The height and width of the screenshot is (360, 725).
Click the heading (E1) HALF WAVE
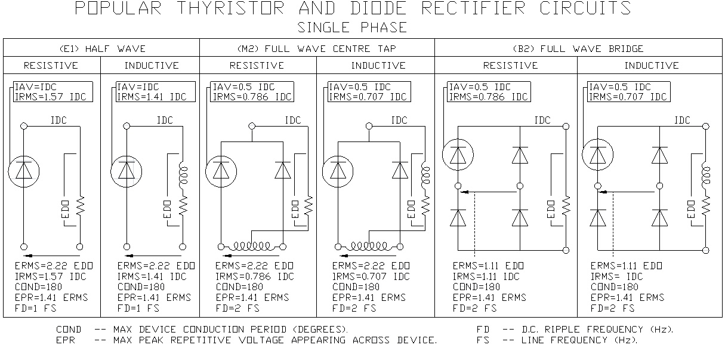coord(101,48)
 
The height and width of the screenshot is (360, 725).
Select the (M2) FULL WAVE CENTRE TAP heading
coord(317,48)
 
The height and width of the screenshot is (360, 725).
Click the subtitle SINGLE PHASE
coord(353,27)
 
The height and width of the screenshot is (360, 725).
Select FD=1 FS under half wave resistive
coord(39,308)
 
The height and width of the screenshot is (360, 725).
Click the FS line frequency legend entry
coord(557,340)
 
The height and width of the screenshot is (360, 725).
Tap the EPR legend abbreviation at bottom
coord(65,340)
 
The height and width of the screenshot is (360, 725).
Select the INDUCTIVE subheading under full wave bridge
coord(651,66)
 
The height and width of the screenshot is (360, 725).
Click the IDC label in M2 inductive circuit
coord(400,121)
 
